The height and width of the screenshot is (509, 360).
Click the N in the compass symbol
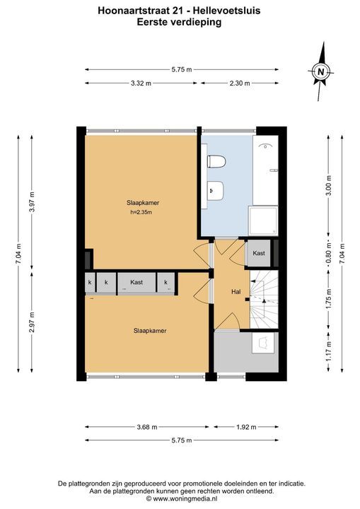(320, 71)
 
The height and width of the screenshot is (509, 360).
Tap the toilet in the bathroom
(216, 162)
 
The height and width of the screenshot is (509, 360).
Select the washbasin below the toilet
(216, 190)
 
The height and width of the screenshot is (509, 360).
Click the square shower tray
(263, 221)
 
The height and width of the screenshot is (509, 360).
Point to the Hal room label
(236, 292)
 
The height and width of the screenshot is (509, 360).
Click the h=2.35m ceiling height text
(141, 213)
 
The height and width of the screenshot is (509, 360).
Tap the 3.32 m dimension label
(141, 83)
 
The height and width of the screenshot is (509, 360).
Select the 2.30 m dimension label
(240, 83)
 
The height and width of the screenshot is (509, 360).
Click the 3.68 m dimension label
(147, 427)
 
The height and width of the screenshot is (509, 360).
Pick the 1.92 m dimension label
(246, 427)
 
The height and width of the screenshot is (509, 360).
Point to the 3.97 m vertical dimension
(32, 202)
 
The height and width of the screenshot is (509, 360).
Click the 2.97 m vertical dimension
(32, 322)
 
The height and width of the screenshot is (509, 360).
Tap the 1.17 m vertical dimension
(329, 351)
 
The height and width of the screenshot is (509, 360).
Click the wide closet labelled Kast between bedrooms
(137, 283)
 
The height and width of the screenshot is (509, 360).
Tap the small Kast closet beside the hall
(259, 253)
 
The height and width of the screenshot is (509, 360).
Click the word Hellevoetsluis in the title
(226, 11)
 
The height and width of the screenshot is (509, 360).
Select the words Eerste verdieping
(179, 22)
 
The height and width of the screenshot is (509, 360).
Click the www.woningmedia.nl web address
(185, 498)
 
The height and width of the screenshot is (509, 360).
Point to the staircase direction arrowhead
(264, 300)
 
